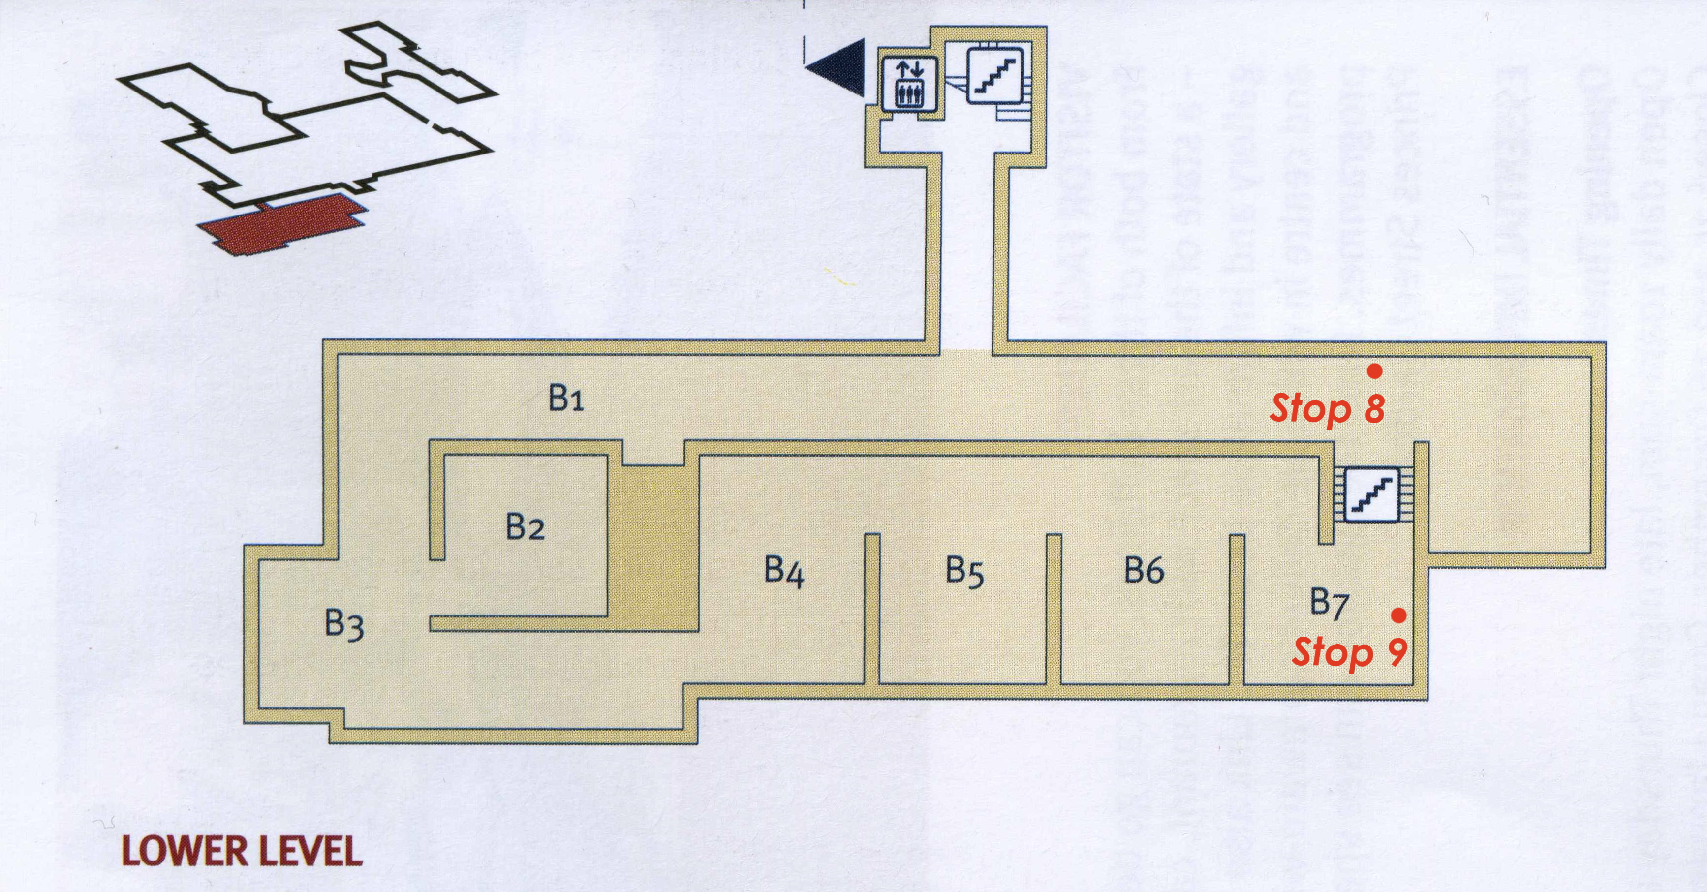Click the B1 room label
point(566,400)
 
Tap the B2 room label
point(525,527)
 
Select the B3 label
point(344,624)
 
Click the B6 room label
point(1145,570)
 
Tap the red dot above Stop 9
point(1399,615)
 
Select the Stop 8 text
point(1327,409)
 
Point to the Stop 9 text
point(1350,653)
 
